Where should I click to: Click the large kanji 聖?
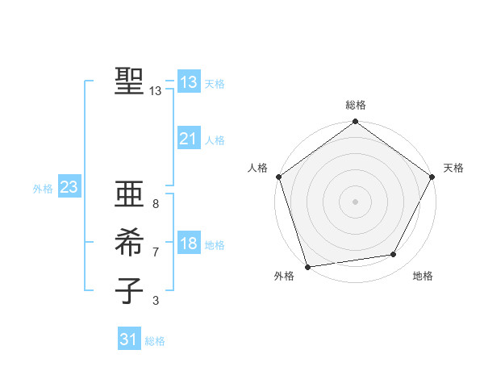click(128, 81)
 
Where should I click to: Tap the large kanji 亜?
click(128, 196)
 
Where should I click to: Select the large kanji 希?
click(128, 243)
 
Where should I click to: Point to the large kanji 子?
click(128, 289)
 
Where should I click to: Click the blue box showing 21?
click(188, 139)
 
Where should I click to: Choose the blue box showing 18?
click(188, 244)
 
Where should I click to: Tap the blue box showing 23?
click(69, 188)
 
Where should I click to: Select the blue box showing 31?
click(128, 339)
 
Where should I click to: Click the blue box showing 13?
click(188, 81)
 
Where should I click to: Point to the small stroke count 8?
click(155, 205)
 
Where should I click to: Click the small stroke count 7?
click(155, 252)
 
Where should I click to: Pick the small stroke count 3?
click(155, 301)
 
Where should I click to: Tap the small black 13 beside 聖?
click(156, 91)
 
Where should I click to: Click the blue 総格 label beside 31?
click(155, 341)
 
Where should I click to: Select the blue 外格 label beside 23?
click(43, 189)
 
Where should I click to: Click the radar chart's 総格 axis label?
click(355, 105)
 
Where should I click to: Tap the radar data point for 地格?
click(394, 255)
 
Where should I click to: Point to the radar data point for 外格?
click(307, 267)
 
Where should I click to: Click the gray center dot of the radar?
click(355, 202)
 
